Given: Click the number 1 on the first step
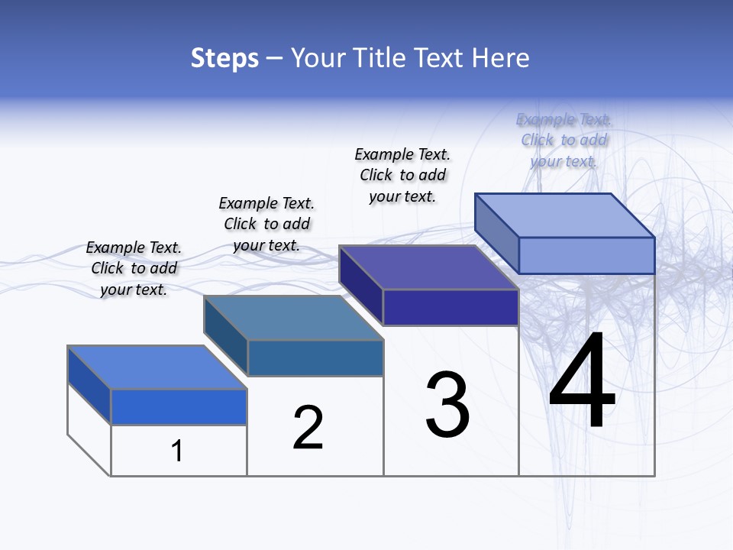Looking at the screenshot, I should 177,451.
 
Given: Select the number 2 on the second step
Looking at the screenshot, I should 308,427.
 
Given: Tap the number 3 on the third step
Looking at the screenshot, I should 447,405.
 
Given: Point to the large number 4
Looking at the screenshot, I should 582,382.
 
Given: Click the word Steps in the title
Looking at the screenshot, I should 224,58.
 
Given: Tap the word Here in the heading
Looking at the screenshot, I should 502,58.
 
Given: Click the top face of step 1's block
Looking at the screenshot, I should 157,367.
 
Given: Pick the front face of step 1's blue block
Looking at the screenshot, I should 179,406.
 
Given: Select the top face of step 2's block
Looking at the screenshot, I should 292,318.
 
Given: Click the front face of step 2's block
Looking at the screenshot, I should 315,357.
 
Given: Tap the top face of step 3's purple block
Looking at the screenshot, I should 428,267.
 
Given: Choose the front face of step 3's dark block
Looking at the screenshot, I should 450,307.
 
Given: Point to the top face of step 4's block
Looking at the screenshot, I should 564,215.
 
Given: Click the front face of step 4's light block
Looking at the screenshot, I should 586,255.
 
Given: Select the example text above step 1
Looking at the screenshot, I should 134,268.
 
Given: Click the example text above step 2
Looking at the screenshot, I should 266,224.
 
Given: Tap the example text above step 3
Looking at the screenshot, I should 402,175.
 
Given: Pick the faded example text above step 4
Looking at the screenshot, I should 563,140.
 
